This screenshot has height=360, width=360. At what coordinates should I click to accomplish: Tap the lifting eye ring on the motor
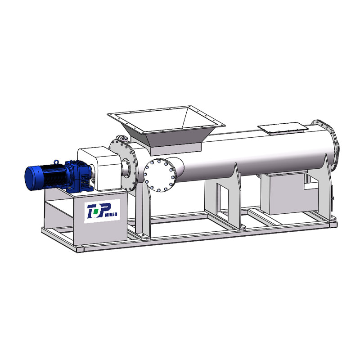point(56,162)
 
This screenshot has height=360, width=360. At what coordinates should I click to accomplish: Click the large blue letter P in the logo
point(103,210)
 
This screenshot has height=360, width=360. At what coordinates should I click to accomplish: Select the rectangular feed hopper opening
point(166,120)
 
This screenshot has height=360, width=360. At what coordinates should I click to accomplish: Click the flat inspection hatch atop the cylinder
point(283,127)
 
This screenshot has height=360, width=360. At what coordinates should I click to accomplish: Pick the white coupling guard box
point(99,168)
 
